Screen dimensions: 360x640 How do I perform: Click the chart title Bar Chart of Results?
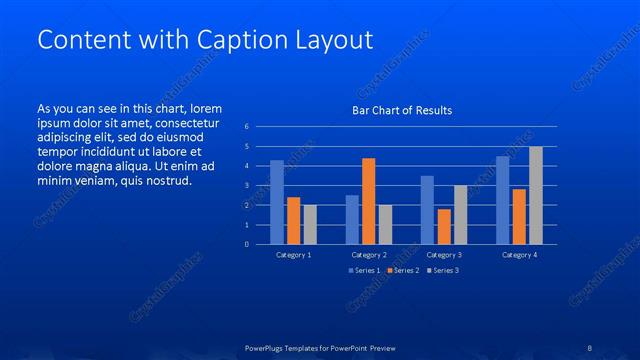pyautogui.click(x=401, y=110)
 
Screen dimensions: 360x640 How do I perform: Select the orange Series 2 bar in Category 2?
pyautogui.click(x=368, y=201)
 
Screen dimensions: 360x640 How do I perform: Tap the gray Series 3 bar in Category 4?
pyautogui.click(x=536, y=195)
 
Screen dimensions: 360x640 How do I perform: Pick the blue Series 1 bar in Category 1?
pyautogui.click(x=277, y=202)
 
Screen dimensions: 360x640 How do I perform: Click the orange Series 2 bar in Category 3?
pyautogui.click(x=444, y=227)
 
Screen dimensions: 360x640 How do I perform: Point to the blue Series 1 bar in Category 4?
pyautogui.click(x=502, y=200)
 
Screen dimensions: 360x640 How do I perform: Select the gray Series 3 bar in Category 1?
pyautogui.click(x=310, y=225)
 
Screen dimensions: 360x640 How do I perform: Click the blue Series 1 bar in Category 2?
pyautogui.click(x=352, y=220)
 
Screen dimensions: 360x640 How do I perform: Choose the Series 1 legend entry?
pyautogui.click(x=363, y=271)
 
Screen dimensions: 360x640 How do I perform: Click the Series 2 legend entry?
pyautogui.click(x=401, y=271)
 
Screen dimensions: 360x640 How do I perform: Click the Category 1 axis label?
pyautogui.click(x=293, y=255)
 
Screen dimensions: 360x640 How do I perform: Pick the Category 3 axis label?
pyautogui.click(x=443, y=255)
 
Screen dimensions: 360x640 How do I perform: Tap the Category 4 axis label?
pyautogui.click(x=518, y=255)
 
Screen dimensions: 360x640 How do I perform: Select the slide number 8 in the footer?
pyautogui.click(x=590, y=348)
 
